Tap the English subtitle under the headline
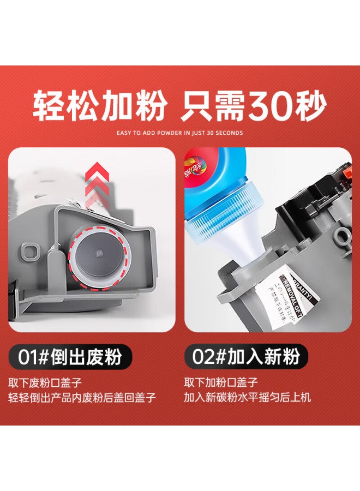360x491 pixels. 180,133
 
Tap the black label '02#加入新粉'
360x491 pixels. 245,357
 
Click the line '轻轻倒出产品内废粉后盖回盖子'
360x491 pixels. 82,397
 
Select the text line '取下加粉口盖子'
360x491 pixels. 221,382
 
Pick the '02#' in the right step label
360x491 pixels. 211,357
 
